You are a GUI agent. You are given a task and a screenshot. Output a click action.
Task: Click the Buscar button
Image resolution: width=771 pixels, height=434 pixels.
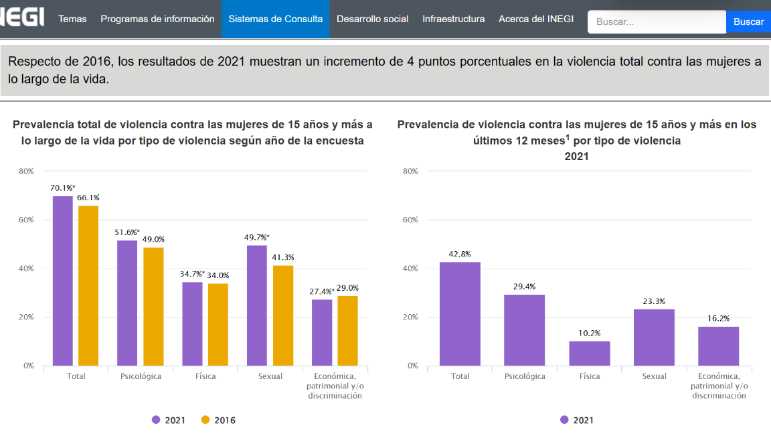click(748, 21)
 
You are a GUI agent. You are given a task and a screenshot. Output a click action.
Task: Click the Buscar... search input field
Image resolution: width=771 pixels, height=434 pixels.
click(656, 21)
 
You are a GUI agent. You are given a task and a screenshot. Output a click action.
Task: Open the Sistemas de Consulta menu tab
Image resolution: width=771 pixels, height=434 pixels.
click(275, 19)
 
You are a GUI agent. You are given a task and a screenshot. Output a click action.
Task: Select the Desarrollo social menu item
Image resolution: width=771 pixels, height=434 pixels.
click(372, 19)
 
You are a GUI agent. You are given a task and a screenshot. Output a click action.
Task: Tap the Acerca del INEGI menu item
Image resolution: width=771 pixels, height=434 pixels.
click(535, 19)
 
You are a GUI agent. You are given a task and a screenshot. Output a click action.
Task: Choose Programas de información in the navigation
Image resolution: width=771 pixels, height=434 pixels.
click(157, 19)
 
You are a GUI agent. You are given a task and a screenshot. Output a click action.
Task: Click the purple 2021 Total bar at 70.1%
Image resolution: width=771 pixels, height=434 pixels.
click(63, 281)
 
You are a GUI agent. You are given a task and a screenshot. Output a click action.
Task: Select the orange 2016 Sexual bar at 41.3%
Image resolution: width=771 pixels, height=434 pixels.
click(283, 315)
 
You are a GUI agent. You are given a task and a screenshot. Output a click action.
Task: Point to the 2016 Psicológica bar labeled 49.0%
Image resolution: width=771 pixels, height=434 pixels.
click(153, 306)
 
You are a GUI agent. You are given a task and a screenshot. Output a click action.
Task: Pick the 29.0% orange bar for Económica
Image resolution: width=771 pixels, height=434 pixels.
click(347, 330)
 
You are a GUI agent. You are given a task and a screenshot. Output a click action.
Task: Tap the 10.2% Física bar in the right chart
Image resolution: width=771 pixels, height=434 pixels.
click(590, 353)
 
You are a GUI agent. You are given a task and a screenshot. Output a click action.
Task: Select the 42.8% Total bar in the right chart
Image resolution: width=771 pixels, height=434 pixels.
click(460, 313)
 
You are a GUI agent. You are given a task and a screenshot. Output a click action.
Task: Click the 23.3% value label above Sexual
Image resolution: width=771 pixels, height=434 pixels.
click(654, 301)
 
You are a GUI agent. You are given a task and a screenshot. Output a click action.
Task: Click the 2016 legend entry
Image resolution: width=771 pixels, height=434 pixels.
click(218, 420)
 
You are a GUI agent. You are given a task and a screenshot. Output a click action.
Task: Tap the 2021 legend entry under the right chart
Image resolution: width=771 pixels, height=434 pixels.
click(576, 420)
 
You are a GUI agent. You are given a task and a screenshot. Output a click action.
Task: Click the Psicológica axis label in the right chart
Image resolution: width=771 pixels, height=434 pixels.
click(525, 376)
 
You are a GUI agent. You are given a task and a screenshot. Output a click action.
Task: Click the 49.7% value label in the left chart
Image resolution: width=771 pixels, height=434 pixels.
click(257, 237)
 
